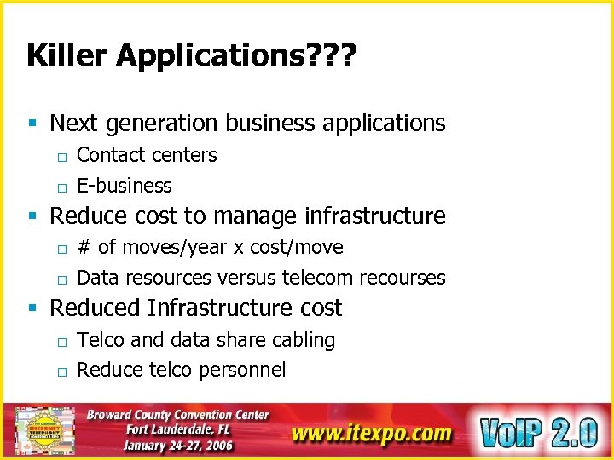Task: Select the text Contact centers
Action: click(x=147, y=155)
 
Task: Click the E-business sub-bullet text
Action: click(x=125, y=186)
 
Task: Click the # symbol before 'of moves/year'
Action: click(x=84, y=248)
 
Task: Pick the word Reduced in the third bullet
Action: click(x=96, y=308)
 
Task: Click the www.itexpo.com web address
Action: click(x=370, y=433)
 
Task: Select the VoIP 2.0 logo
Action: click(x=538, y=431)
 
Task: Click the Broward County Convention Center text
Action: click(x=178, y=415)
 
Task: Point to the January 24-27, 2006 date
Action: click(x=177, y=445)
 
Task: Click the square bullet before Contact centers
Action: click(x=61, y=156)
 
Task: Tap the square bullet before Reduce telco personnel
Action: click(x=61, y=371)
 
